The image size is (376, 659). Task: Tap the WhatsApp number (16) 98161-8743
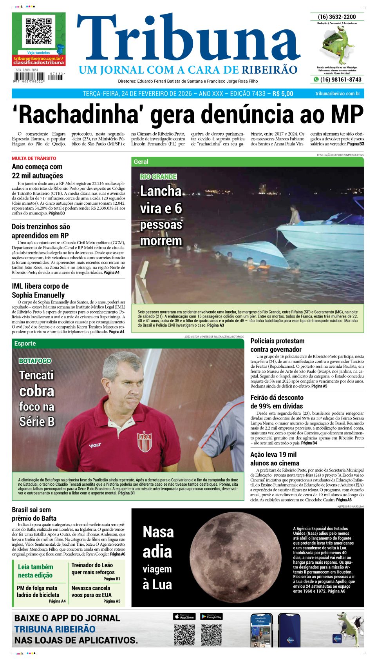[340, 80]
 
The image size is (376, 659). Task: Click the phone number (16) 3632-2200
[337, 17]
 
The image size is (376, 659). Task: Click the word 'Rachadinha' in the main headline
[77, 114]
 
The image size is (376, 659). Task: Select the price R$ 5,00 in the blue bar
[282, 94]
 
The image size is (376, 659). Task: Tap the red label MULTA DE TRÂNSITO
[34, 158]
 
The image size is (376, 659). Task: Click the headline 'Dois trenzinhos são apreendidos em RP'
[41, 231]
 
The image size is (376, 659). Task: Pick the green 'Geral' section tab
[141, 162]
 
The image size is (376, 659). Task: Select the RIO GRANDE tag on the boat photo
[158, 177]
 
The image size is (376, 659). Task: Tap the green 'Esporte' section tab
[25, 343]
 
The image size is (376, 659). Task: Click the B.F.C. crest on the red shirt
[145, 441]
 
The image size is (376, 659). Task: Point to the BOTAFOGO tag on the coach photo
[35, 361]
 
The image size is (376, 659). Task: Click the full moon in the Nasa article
[236, 557]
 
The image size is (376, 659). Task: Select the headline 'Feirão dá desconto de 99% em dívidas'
[277, 402]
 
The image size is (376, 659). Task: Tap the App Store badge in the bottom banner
[184, 617]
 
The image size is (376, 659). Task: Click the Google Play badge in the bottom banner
[211, 617]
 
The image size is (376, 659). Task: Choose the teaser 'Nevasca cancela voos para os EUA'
[91, 591]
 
